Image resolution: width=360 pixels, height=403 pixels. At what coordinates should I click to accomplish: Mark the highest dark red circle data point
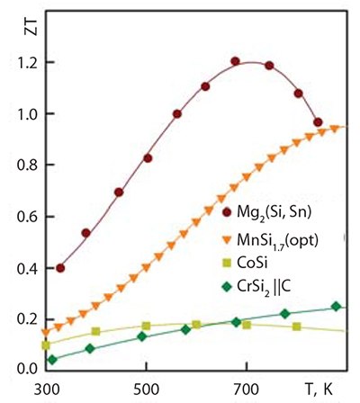[235, 62]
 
